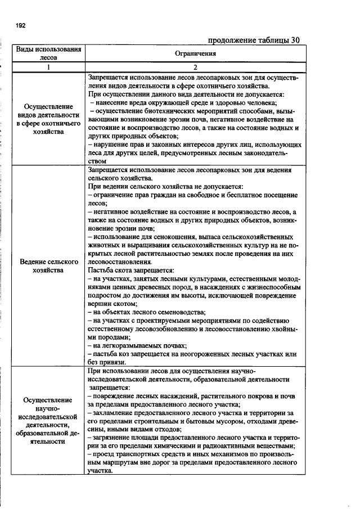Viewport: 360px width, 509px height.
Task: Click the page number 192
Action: click(x=21, y=26)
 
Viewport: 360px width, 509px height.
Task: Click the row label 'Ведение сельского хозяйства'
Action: click(x=48, y=266)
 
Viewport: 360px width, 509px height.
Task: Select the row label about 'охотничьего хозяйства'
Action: click(x=48, y=119)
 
